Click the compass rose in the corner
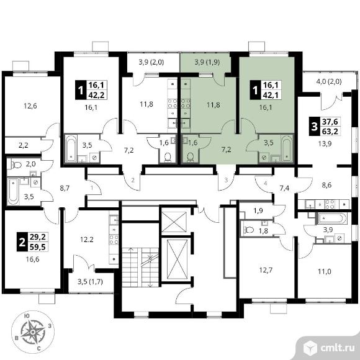click(33, 332)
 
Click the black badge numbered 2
click(22, 242)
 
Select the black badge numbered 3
click(314, 127)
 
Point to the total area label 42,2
click(96, 95)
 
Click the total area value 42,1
click(271, 95)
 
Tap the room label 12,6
click(30, 106)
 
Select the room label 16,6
click(33, 259)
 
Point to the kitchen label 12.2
click(87, 240)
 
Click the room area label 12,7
click(266, 270)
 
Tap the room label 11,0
click(325, 272)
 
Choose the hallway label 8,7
click(65, 188)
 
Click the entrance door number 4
click(266, 184)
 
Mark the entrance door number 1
click(92, 188)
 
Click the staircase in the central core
click(140, 267)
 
